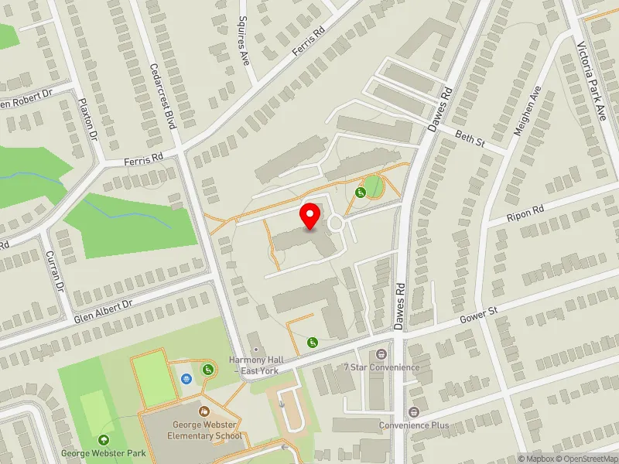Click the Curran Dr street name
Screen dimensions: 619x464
[54, 271]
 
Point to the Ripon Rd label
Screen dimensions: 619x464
[525, 213]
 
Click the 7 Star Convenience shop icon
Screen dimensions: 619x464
[381, 354]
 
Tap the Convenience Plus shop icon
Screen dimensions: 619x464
[413, 412]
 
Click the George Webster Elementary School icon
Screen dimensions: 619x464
[204, 412]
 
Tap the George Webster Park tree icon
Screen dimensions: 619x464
[104, 440]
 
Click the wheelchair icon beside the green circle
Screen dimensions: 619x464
[360, 192]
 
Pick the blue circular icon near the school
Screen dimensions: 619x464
[186, 379]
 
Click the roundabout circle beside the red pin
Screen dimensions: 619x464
[335, 223]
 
